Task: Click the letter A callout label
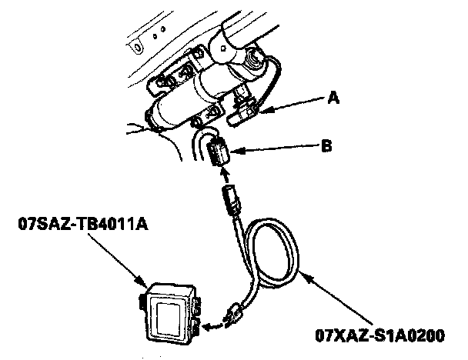coord(332,98)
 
